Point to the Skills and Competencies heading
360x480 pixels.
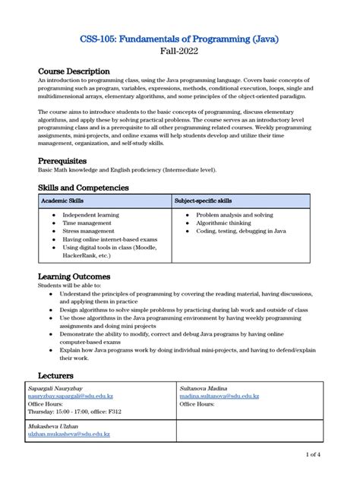pyautogui.click(x=84, y=188)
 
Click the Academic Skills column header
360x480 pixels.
pyautogui.click(x=63, y=201)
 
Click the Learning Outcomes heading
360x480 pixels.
pyautogui.click(x=74, y=276)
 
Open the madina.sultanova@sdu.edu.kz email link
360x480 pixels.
pyautogui.click(x=219, y=396)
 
